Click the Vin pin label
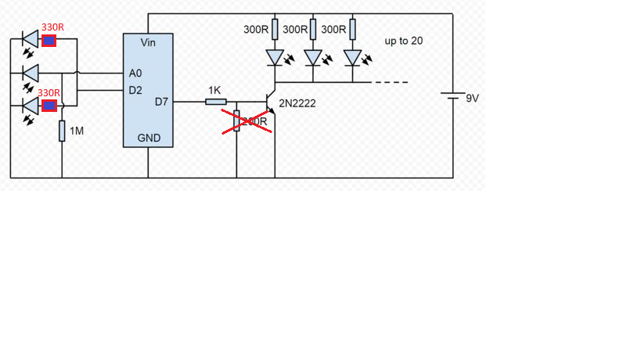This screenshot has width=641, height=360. tap(149, 42)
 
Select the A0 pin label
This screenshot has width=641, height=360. tap(135, 73)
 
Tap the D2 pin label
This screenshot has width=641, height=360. tap(135, 90)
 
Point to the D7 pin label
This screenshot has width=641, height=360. tap(161, 102)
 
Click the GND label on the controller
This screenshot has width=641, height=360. tap(149, 138)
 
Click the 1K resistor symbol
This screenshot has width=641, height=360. tap(215, 102)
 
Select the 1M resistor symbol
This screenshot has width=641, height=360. tap(62, 131)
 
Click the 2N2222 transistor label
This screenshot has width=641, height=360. tap(297, 103)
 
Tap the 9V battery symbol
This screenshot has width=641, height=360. tap(453, 97)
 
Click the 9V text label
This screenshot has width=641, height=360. tap(473, 99)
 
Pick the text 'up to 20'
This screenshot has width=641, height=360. tap(404, 41)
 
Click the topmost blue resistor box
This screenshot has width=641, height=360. tap(49, 41)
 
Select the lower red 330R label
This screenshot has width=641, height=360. tap(50, 92)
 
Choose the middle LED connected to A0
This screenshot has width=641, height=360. tap(31, 73)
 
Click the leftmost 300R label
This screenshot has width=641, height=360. tap(256, 29)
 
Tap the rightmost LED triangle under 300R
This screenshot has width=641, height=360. tap(352, 58)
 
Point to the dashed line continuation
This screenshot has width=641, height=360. tap(391, 82)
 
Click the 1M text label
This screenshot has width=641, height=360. tap(77, 131)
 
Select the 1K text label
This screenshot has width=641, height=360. tap(214, 91)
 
